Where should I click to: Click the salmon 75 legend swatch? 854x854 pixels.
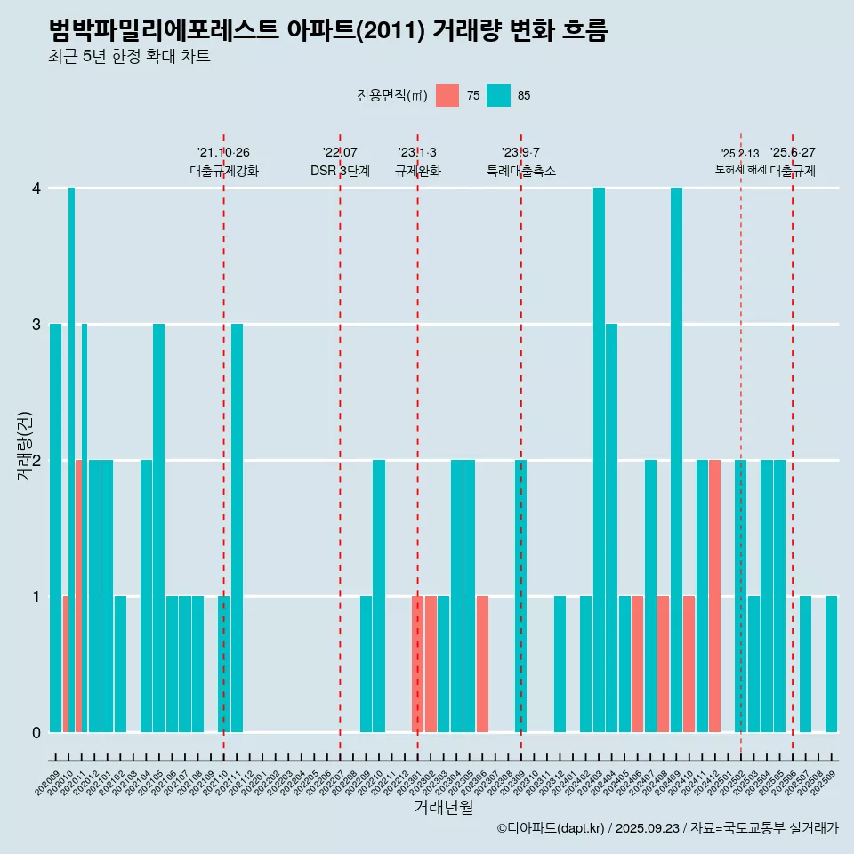(447, 95)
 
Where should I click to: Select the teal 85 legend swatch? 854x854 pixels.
(498, 95)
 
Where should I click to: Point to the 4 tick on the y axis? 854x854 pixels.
(36, 189)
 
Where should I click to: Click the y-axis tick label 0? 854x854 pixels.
(36, 733)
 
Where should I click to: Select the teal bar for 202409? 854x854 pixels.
(676, 460)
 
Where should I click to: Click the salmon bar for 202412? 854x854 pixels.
(715, 596)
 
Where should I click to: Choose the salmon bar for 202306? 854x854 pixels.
(482, 664)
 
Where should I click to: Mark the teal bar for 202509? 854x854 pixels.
(831, 664)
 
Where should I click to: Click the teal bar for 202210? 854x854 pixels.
(379, 596)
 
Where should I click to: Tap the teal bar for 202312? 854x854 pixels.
(560, 664)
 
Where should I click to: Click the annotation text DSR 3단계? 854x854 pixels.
(340, 171)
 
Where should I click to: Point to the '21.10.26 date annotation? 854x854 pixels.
(223, 152)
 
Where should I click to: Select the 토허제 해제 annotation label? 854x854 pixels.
(740, 169)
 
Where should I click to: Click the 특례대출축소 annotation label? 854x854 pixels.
(521, 171)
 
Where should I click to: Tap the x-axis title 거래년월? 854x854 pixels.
(443, 807)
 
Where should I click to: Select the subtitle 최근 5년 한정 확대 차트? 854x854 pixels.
(129, 58)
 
